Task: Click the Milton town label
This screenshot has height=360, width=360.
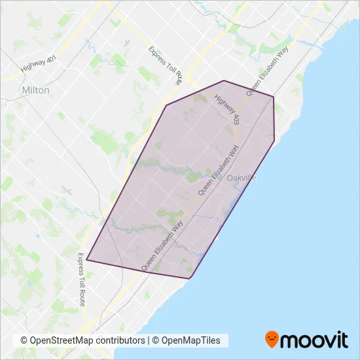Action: (x=35, y=90)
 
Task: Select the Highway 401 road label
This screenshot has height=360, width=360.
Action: (x=39, y=63)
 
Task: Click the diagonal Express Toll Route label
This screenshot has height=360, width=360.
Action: (x=166, y=66)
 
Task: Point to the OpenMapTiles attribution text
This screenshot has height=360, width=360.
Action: (x=192, y=341)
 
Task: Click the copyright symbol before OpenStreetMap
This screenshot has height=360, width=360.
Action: (x=24, y=341)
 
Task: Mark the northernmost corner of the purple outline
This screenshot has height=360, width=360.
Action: (x=224, y=81)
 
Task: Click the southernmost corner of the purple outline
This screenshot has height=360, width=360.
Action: (x=190, y=279)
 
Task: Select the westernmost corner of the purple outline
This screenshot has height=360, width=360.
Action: (x=86, y=260)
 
